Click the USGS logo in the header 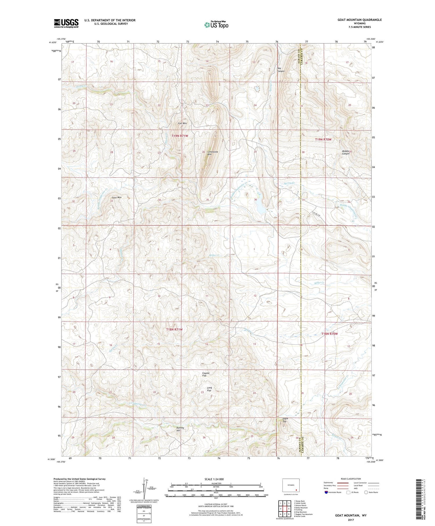pyautogui.click(x=66, y=23)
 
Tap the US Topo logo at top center pyautogui.click(x=216, y=25)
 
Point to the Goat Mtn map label pyautogui.click(x=117, y=198)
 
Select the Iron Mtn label pyautogui.click(x=182, y=123)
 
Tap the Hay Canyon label pyautogui.click(x=281, y=70)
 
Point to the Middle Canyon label pyautogui.click(x=345, y=152)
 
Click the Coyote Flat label pyautogui.click(x=206, y=374)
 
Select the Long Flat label pyautogui.click(x=209, y=389)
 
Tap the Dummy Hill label pyautogui.click(x=180, y=429)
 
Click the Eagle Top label pyautogui.click(x=285, y=420)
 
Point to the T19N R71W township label pyautogui.click(x=182, y=136)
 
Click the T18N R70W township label pyautogui.click(x=329, y=334)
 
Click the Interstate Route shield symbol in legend pyautogui.click(x=326, y=492)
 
